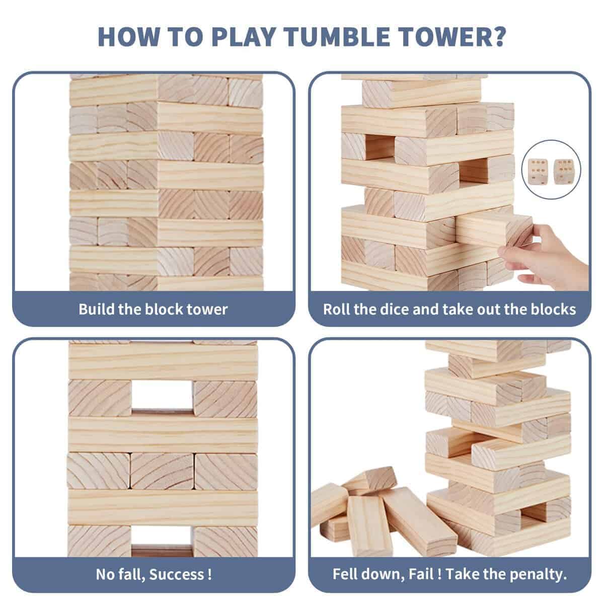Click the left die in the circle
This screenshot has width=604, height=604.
tap(538, 172)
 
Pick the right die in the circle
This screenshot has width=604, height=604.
tap(563, 171)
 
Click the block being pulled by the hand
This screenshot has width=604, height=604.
tap(494, 231)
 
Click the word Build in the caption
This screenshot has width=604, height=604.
tap(96, 309)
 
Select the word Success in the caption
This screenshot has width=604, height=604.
tap(177, 574)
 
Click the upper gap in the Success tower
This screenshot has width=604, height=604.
tap(162, 396)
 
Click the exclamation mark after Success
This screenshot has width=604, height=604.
tap(209, 574)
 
